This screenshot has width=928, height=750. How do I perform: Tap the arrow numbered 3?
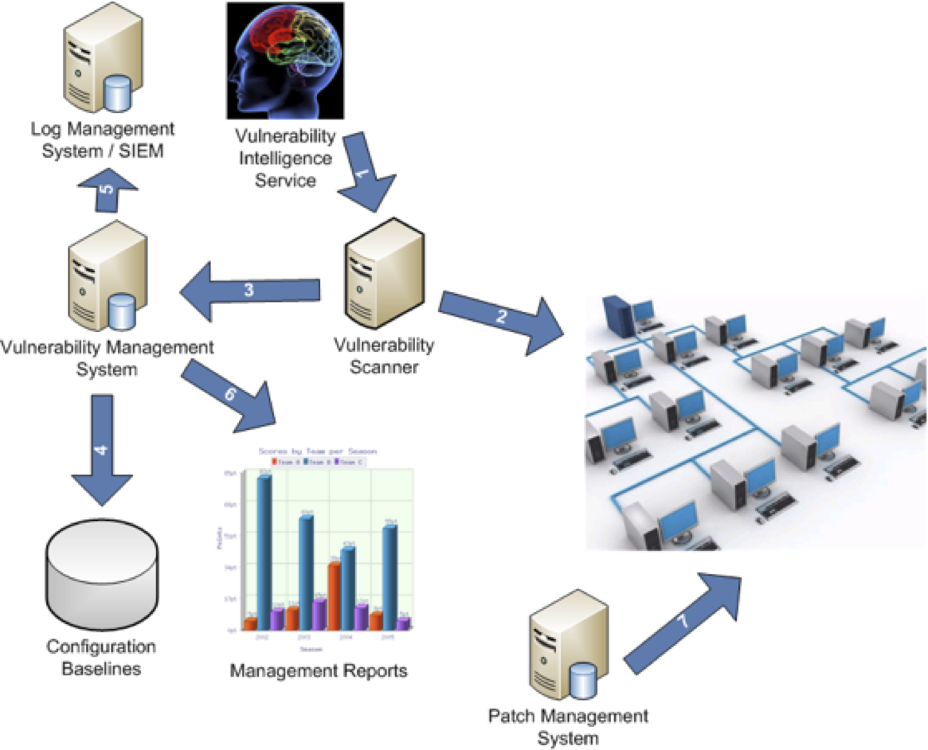coord(249,291)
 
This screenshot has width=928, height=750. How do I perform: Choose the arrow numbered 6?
coord(232,394)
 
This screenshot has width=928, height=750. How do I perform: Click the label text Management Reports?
coord(319,671)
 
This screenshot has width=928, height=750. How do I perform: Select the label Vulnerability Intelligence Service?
coord(285,157)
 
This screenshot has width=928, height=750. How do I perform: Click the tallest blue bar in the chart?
coord(264,549)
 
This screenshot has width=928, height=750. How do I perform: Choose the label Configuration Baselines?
coord(100,658)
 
